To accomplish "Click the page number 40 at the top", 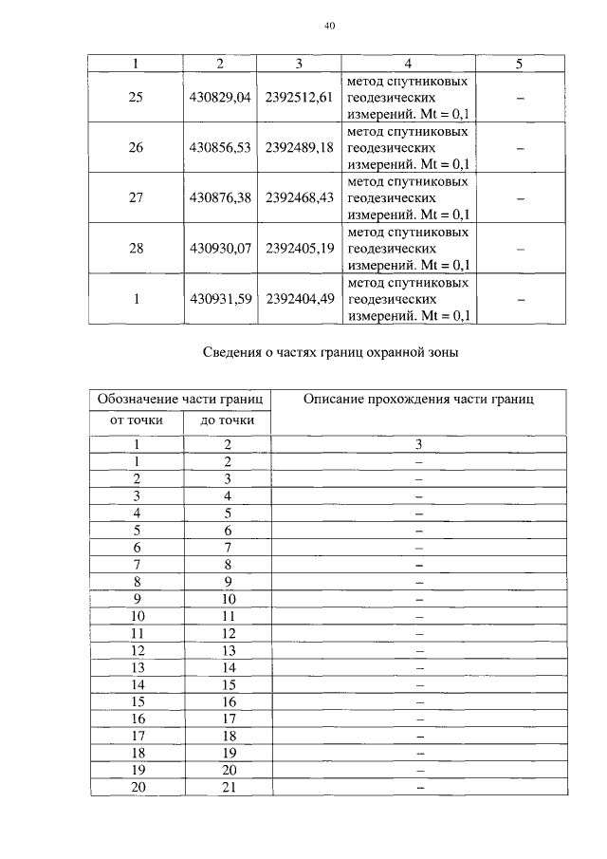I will pos(329,27).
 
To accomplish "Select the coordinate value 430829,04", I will pos(219,98).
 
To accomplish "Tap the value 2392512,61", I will pos(298,98).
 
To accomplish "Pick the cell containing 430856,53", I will pos(219,148).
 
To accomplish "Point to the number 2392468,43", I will pos(298,198).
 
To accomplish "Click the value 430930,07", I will pos(219,249).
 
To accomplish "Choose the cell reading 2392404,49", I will pos(298,299).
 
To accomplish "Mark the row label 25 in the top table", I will pos(136,98).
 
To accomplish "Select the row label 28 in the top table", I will pos(136,249).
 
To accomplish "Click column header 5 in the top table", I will pos(520,64).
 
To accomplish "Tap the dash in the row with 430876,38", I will pos(520,198).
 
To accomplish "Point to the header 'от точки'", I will pos(136,420).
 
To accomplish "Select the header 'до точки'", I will pos(228,420).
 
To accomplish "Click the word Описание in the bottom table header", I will pos(334,400).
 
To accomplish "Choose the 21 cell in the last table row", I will pos(228,786).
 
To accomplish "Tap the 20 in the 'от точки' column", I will pos(138,786).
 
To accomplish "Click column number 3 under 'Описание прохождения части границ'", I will pos(418,443).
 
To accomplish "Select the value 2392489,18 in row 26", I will pos(298,148).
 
